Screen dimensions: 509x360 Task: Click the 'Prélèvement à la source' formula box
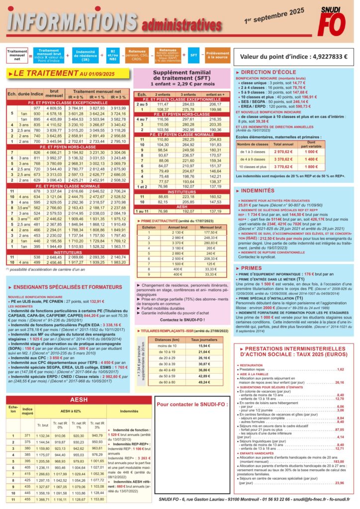pyautogui.click(x=217, y=55)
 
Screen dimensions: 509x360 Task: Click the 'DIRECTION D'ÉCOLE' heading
pyautogui.click(x=270, y=73)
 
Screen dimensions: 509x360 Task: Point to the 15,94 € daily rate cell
pyautogui.click(x=204, y=345)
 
